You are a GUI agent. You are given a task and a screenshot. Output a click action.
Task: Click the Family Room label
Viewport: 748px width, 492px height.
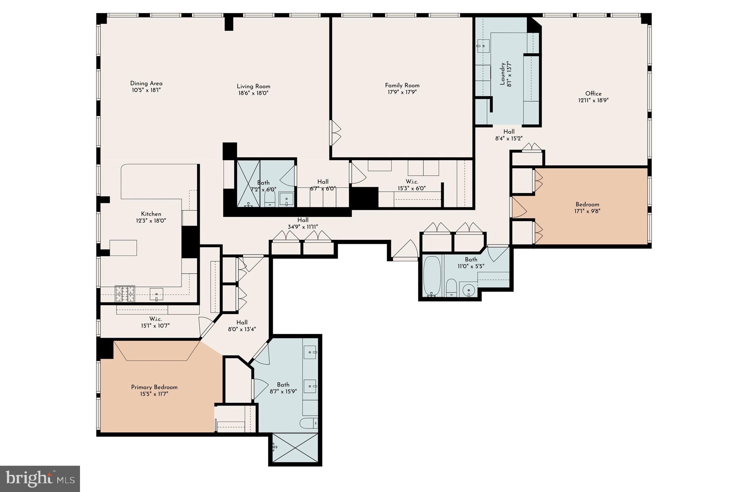tap(402, 85)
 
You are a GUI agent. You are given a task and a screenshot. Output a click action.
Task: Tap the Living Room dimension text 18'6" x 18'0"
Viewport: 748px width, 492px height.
tap(253, 93)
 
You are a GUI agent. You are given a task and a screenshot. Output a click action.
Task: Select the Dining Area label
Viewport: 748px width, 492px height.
tap(146, 83)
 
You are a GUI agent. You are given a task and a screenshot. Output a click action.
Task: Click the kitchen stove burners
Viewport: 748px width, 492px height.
tap(125, 293)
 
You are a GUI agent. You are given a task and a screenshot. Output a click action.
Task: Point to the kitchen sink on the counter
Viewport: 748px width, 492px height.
tap(157, 294)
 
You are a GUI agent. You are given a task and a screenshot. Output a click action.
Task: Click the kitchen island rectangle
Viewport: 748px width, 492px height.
tap(123, 248)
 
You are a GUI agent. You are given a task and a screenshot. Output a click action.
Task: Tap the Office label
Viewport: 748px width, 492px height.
tap(593, 93)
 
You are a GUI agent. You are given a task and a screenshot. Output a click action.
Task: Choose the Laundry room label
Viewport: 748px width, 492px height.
tap(503, 74)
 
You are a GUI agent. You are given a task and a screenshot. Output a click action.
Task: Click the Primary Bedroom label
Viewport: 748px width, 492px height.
tap(154, 387)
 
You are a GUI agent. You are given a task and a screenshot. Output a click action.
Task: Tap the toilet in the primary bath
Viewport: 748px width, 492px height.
tap(309, 423)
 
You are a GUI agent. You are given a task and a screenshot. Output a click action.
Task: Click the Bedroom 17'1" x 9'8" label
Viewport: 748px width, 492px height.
tap(587, 204)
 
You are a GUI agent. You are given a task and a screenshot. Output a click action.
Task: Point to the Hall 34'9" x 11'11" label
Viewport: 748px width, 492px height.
tap(303, 220)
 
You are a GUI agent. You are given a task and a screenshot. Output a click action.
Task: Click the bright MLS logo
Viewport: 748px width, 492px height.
tap(40, 478)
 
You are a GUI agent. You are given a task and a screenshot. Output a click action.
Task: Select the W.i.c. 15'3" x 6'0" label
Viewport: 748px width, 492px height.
tap(412, 182)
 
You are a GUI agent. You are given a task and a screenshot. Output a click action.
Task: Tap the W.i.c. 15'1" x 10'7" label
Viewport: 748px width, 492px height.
tap(155, 319)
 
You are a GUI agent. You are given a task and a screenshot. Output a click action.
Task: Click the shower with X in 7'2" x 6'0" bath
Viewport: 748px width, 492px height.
tap(248, 184)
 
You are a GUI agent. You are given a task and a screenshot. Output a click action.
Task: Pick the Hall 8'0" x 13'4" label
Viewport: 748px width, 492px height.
tap(242, 322)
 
